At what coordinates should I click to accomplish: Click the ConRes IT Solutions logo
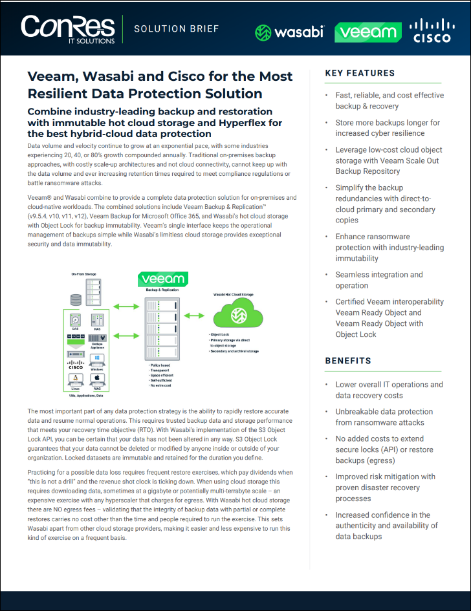tap(68, 29)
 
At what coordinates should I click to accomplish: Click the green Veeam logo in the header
tap(367, 32)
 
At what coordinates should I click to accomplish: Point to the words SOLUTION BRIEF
tap(176, 28)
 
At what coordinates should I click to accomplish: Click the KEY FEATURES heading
tap(360, 73)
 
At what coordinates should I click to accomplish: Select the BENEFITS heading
tap(348, 361)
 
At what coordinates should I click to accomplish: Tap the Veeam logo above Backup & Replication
tap(164, 279)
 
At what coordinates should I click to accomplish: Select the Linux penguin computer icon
tap(76, 379)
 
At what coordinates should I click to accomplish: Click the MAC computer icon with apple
tap(98, 379)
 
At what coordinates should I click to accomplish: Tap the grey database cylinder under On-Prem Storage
tap(76, 299)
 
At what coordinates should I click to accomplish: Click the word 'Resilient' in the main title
tap(67, 93)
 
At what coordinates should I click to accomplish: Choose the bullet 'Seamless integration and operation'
tap(379, 280)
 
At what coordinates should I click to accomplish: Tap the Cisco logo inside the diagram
tap(76, 365)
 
